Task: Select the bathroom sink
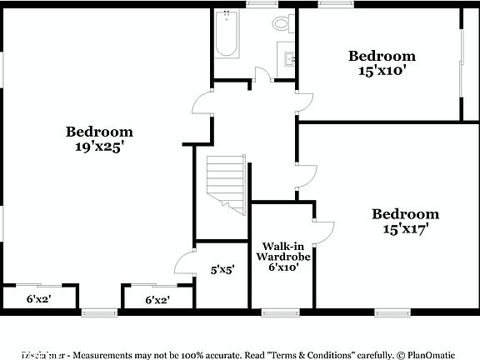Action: [x=289, y=58]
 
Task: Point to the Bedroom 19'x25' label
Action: [x=99, y=138]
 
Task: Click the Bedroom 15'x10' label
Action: [x=382, y=63]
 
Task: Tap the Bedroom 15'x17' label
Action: [x=405, y=221]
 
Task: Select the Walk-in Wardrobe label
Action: [x=282, y=257]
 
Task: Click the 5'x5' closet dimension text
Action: [x=222, y=269]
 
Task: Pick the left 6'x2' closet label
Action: [x=39, y=299]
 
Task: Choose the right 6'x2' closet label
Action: [x=158, y=299]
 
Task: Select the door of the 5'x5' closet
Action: [x=184, y=262]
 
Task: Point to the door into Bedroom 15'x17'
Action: [x=306, y=174]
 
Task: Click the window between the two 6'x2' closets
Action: [x=98, y=312]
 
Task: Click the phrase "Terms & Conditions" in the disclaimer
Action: [x=303, y=354]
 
